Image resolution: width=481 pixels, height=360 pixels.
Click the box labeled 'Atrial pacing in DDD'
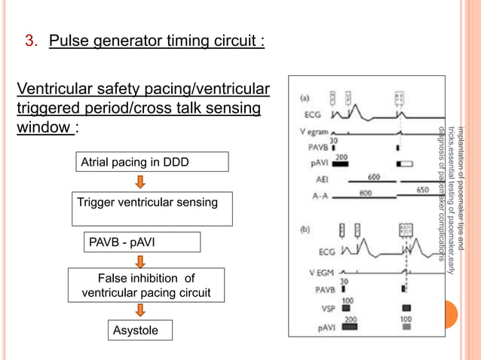150,162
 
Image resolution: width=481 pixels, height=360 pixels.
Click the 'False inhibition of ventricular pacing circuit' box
146,285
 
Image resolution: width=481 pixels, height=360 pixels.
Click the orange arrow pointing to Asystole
139,310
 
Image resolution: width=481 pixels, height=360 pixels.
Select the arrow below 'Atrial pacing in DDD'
139,183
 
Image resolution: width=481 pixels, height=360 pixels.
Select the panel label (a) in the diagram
308,97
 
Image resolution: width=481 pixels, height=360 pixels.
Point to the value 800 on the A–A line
366,192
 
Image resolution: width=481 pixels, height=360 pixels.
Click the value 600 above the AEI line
373,176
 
